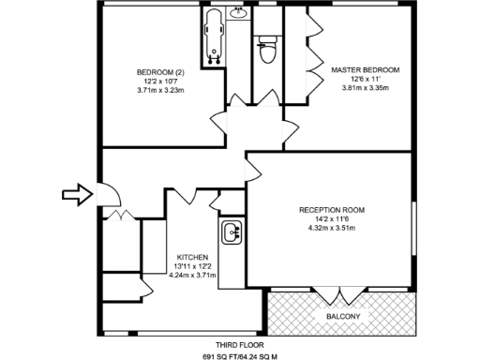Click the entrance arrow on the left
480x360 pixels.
[x=76, y=194]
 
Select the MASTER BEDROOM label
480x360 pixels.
[x=365, y=69]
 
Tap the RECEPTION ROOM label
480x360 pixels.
[x=332, y=209]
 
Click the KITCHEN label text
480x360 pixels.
[x=191, y=256]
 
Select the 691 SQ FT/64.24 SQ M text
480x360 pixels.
[x=240, y=357]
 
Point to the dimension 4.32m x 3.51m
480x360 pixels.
[x=332, y=228]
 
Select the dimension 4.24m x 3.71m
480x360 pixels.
[x=191, y=275]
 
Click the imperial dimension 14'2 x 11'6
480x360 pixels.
[x=332, y=218]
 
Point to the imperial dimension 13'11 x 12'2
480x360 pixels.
[x=191, y=265]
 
